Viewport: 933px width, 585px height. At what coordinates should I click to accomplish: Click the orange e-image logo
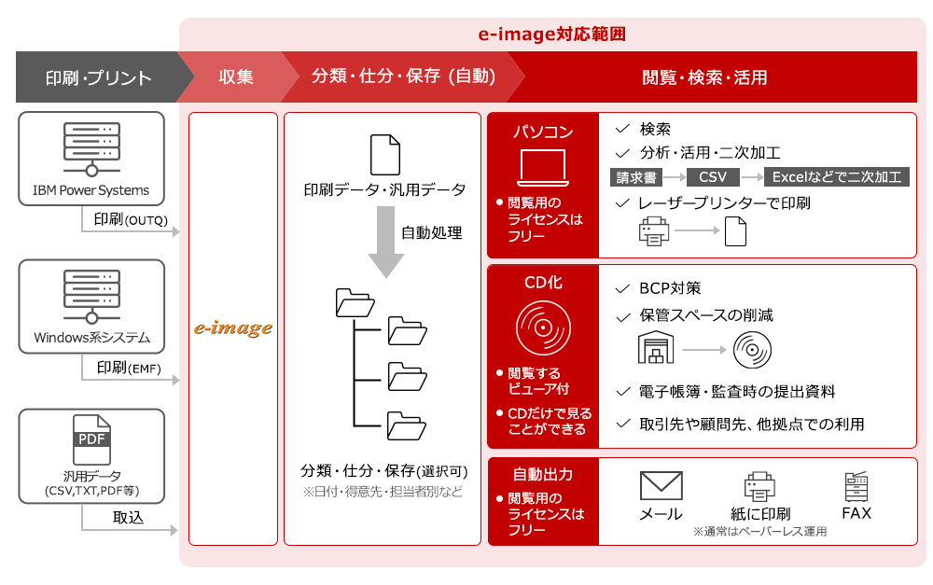coord(233,327)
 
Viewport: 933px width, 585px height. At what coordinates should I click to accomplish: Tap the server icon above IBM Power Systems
coord(91,149)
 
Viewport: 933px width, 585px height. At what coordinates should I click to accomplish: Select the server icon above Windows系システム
coord(91,297)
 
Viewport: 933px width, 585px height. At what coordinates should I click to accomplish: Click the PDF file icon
coord(91,439)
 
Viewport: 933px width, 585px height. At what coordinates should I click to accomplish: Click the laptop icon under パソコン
coord(543,169)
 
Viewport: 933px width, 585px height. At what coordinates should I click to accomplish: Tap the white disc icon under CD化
coord(543,327)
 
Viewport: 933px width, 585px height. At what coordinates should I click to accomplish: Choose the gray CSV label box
coord(713,176)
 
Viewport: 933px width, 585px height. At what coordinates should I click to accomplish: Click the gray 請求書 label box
coord(636,176)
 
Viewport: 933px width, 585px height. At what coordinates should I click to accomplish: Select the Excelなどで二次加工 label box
coord(837,176)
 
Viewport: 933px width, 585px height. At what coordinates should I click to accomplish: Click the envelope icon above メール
coord(661,485)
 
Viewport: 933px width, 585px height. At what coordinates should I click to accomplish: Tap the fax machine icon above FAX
coord(856,486)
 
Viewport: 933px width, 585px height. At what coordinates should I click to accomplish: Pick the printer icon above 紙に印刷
coord(759,486)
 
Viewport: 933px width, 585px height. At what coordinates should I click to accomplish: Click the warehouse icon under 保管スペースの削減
coord(656,348)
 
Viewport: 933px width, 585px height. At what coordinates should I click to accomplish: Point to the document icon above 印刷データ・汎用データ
coord(385,155)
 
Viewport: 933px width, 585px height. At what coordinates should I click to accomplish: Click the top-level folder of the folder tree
coord(355,302)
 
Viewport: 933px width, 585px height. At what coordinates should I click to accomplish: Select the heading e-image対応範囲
coord(552,34)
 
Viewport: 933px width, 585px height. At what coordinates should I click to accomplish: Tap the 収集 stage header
coord(236,77)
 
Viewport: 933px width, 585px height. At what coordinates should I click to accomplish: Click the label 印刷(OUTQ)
coord(131,219)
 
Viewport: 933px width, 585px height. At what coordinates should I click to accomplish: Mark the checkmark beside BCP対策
coord(622,288)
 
